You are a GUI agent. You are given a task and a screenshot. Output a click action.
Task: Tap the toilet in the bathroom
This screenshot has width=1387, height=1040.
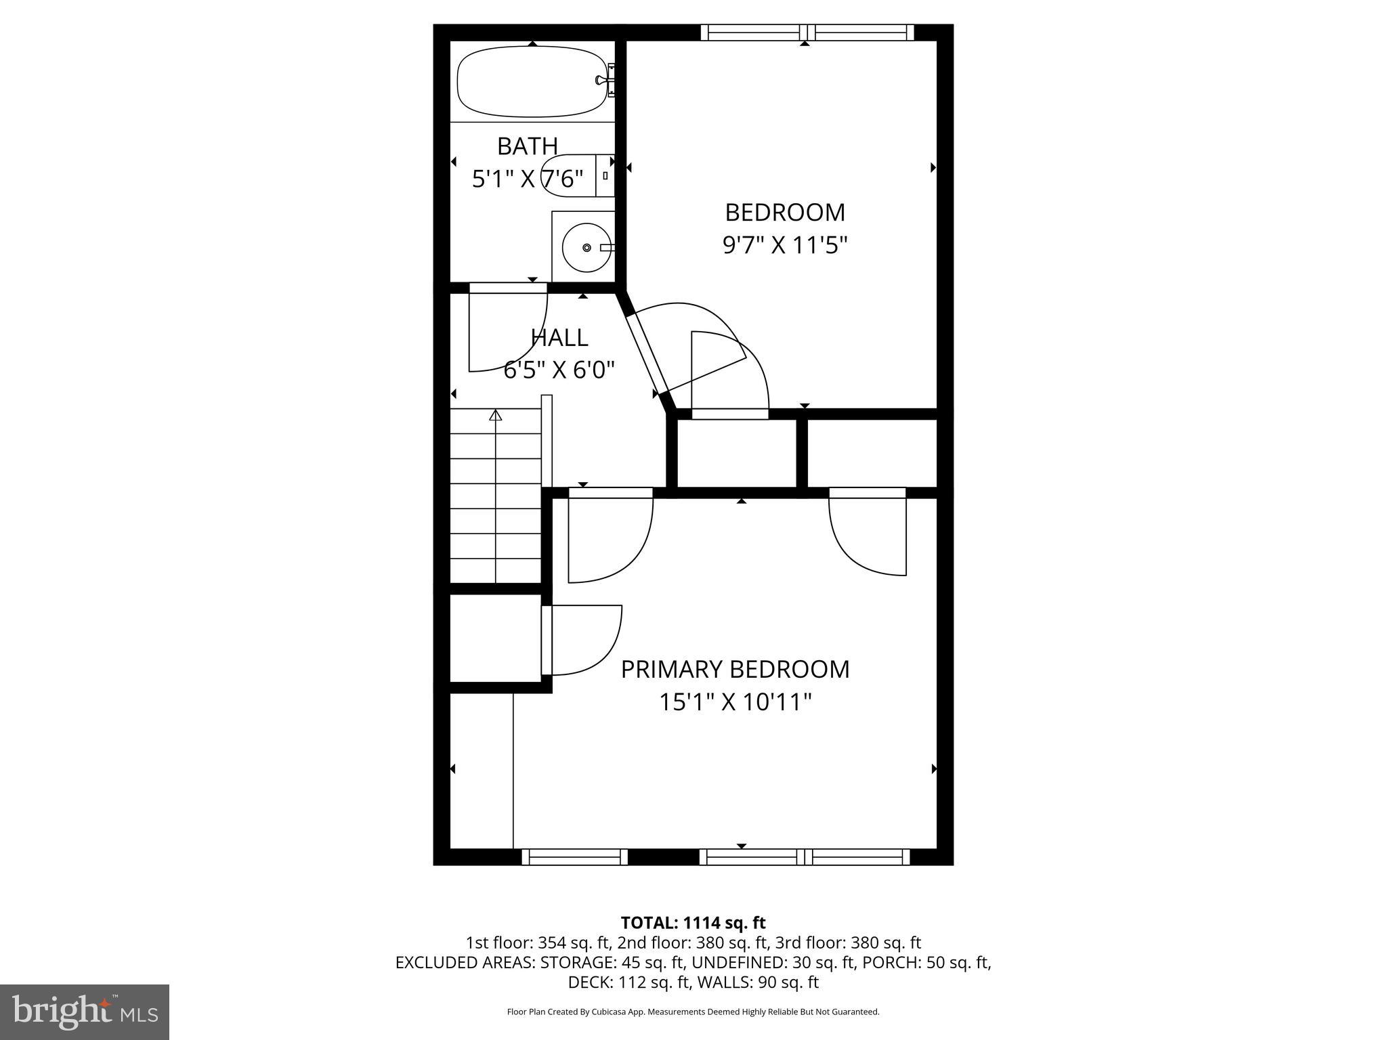(576, 175)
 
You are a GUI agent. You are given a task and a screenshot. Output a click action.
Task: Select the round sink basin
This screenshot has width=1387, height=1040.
(586, 248)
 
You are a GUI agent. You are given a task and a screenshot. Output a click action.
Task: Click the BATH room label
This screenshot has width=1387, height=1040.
(527, 146)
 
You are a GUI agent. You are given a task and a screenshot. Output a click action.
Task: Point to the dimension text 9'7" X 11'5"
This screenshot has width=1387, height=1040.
(785, 245)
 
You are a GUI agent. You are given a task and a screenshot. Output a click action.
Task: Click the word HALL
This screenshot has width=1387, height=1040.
(559, 337)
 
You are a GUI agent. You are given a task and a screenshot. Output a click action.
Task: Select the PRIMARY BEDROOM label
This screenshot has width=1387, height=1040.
(735, 669)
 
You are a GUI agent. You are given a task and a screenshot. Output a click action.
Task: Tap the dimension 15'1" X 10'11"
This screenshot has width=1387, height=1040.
(735, 702)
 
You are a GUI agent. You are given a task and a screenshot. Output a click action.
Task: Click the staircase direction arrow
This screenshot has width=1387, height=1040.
(496, 415)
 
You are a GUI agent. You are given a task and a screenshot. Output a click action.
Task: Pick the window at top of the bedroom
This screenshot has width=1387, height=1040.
(807, 32)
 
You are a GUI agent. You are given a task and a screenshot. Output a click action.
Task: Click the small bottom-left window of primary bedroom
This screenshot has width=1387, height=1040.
(574, 857)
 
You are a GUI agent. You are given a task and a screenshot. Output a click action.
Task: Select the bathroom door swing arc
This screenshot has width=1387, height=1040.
(508, 328)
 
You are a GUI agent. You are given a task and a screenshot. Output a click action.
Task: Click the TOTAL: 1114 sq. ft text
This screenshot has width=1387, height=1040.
(693, 923)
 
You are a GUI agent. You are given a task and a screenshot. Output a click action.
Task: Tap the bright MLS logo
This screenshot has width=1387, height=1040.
(85, 1012)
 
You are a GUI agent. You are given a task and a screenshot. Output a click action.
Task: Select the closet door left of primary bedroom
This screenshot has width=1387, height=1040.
(581, 640)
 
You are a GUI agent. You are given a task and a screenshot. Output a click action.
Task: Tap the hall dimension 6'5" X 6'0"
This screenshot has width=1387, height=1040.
(559, 370)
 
